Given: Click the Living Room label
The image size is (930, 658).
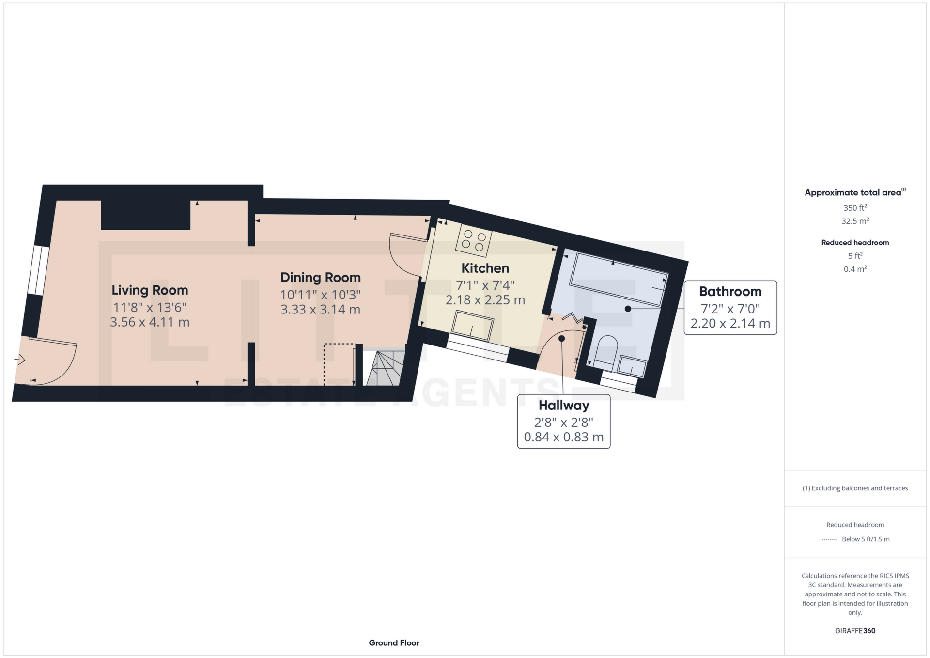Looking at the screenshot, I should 150,290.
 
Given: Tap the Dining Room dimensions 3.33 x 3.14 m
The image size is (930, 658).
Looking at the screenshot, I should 320,310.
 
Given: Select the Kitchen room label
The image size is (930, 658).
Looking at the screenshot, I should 485,268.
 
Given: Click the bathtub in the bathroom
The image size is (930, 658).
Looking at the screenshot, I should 619,279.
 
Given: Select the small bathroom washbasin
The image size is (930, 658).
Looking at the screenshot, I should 632,366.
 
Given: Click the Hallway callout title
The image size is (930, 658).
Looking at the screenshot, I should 563,406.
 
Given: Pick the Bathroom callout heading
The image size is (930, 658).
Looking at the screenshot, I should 730,292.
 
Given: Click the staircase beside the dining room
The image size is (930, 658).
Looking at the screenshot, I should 386,368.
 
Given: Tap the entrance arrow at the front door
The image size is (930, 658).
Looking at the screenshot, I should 19,360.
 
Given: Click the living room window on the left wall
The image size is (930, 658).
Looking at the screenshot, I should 38,270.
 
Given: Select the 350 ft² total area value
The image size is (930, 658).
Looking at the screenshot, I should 855,208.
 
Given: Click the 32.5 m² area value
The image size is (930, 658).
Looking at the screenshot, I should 855,221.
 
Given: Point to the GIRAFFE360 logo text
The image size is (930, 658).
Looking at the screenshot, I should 855,631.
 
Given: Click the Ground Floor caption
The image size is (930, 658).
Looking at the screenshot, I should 394,643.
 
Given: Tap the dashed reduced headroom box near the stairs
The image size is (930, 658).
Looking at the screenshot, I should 339,363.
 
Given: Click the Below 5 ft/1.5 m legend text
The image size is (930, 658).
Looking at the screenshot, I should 866,539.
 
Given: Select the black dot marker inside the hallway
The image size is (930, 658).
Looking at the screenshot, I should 561,339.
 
